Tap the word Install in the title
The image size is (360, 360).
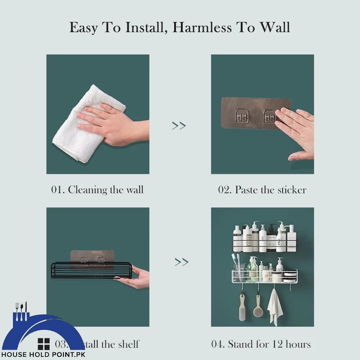pyautogui.click(x=143, y=28)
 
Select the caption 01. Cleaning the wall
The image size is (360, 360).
pyautogui.click(x=97, y=189)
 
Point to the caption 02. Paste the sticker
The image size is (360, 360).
pyautogui.click(x=262, y=189)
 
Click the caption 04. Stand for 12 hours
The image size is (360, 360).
pyautogui.click(x=261, y=344)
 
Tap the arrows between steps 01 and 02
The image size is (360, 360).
pyautogui.click(x=179, y=126)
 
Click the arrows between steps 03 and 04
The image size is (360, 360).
pyautogui.click(x=181, y=261)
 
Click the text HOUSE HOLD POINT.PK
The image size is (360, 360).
pyautogui.click(x=43, y=355)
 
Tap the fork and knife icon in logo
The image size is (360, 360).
pyautogui.click(x=21, y=310)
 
